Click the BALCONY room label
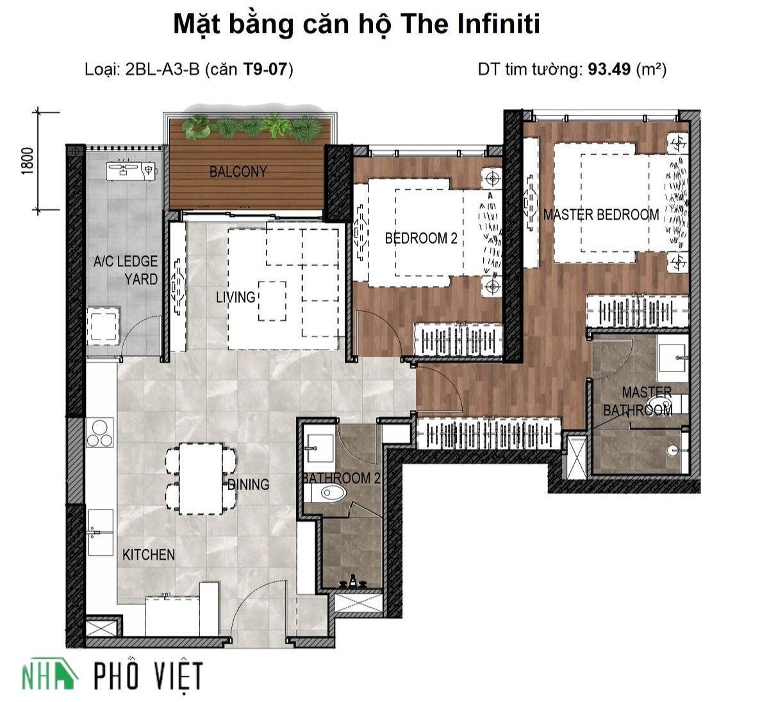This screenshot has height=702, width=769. [238, 171]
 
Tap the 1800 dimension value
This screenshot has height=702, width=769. [28, 161]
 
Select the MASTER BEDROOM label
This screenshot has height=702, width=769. [601, 214]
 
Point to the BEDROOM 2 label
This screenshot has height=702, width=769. [421, 238]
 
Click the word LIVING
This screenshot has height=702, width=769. [235, 297]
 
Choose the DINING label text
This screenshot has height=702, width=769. [249, 484]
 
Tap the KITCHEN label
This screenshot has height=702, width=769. [149, 554]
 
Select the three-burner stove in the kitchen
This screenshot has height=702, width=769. [100, 432]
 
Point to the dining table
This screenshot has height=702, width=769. [201, 479]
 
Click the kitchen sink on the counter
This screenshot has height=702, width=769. [101, 532]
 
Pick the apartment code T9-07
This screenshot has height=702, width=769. [265, 69]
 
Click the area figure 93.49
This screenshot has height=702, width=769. [609, 69]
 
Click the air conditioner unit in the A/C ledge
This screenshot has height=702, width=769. [131, 171]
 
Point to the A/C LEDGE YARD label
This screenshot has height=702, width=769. [126, 270]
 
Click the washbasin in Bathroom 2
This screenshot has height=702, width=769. [320, 448]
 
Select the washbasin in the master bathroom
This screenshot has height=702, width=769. [672, 358]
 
